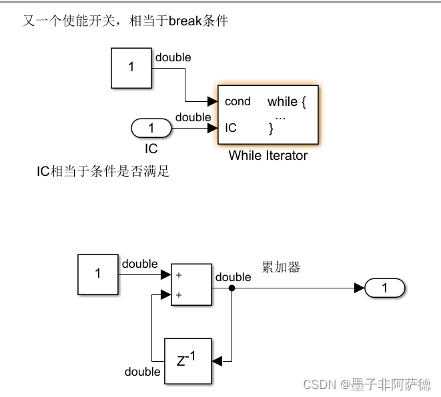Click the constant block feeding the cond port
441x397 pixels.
coord(131,67)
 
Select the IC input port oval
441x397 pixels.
coord(151,128)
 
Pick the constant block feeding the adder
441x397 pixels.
coord(97,274)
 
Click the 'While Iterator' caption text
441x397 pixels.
coord(268,155)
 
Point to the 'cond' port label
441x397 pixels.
coord(238,101)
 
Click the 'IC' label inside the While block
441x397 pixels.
coord(231,128)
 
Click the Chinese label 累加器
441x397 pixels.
coord(281,267)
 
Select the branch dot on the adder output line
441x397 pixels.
coord(232,288)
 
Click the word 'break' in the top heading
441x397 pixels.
coord(185,21)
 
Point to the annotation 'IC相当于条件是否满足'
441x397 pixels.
coord(103,172)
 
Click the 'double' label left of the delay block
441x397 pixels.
coord(142,372)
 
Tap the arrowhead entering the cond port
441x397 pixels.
coord(213,101)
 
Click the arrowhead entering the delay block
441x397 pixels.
coord(216,362)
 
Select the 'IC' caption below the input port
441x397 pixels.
coord(151,149)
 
